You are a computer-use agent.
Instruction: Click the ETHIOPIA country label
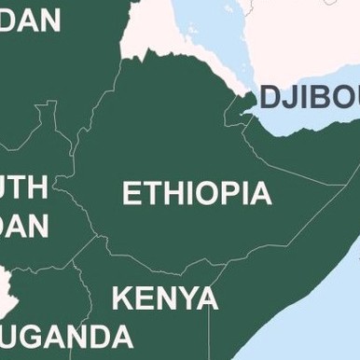[x=197, y=194]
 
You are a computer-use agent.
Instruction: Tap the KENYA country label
[x=165, y=298]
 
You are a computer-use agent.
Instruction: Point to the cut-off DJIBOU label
[x=309, y=97]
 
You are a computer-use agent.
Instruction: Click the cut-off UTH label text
[x=23, y=187]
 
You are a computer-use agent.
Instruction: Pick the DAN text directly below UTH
[x=24, y=227]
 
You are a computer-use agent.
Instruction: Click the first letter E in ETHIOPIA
[x=132, y=194]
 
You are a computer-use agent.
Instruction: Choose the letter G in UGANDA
[x=48, y=336]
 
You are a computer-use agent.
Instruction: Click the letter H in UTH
[x=37, y=187]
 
